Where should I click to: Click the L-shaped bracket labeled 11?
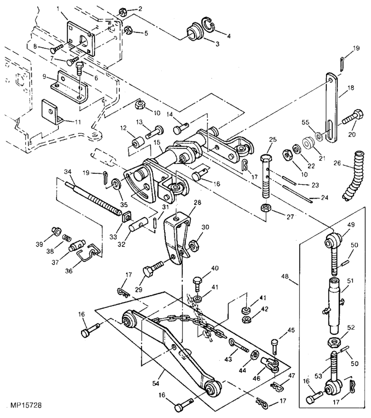pos(51,112)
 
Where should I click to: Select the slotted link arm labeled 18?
pos(331,107)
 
